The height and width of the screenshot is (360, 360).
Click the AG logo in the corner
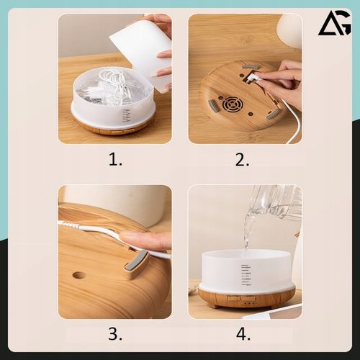point(334,23)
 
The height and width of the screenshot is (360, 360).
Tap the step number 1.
point(115,160)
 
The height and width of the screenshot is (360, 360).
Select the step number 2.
point(242,160)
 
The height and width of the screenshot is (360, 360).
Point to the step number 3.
point(115,333)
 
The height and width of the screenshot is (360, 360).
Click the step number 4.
point(243,333)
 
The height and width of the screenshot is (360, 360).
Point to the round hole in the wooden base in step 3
point(79,275)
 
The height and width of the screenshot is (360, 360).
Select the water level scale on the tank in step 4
point(246,275)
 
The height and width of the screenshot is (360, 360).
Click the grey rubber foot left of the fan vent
point(212,107)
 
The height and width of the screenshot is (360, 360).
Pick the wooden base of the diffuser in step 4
point(246,297)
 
